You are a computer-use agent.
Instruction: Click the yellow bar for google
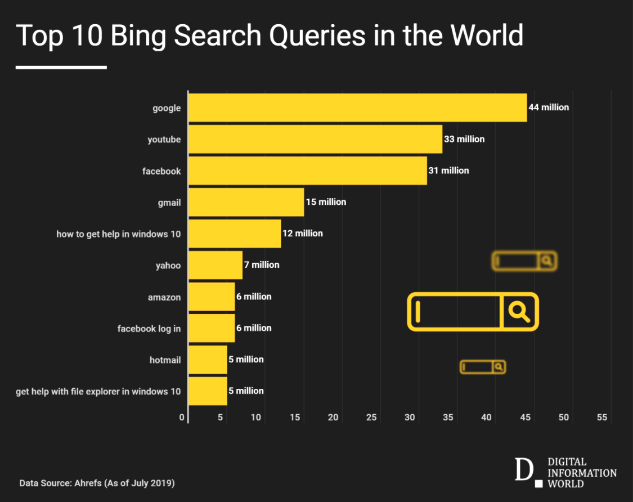pos(357,108)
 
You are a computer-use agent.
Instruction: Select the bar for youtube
pos(315,140)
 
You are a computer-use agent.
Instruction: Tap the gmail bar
pos(246,203)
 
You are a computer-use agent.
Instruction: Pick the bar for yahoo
pos(215,265)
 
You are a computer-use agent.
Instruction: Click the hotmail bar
pos(208,360)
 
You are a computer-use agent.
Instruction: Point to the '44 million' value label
pos(549,107)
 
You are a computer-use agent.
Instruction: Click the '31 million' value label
pos(448,170)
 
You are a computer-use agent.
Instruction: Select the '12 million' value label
pos(303,233)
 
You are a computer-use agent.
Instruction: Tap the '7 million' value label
pos(262,265)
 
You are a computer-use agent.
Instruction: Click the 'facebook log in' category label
pos(149,328)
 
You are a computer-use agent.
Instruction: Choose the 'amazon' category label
pos(164,297)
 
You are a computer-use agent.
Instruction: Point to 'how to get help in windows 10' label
pos(119,234)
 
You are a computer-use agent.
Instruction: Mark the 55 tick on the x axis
pos(602,417)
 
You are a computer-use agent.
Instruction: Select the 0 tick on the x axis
pos(182,417)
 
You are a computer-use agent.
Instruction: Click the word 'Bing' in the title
pos(139,36)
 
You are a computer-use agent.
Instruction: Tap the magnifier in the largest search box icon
pos(519,311)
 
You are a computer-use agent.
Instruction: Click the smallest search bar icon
pos(482,367)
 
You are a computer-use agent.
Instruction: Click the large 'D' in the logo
pos(523,470)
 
